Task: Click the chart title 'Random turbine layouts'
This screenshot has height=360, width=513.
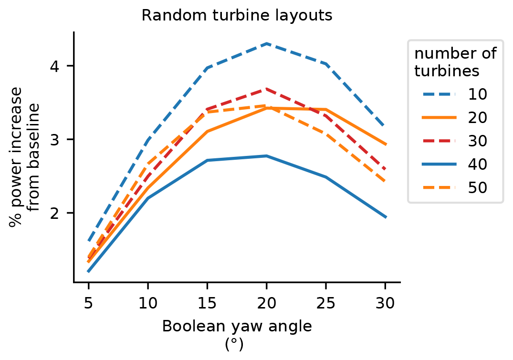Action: click(237, 15)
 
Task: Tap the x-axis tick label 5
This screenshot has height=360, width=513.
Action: click(88, 303)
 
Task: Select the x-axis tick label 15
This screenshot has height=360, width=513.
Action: click(207, 303)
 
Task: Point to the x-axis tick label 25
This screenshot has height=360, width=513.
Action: click(325, 303)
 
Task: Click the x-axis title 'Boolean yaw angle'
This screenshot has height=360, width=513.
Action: click(237, 326)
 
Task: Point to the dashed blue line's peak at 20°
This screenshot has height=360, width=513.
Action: click(266, 43)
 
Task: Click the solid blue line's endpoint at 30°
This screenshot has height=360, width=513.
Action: click(385, 217)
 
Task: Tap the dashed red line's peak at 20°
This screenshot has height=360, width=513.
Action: click(266, 89)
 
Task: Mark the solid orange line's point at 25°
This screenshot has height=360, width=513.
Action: click(325, 110)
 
